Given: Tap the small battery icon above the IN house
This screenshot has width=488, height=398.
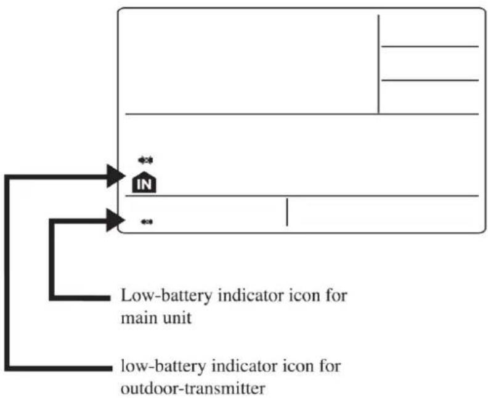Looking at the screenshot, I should (x=146, y=160).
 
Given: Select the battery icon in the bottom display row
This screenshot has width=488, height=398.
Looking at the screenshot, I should (x=147, y=222).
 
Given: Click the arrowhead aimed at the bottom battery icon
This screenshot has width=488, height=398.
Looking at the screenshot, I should (x=115, y=219).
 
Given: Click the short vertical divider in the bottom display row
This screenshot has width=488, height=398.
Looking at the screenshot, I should (x=287, y=213).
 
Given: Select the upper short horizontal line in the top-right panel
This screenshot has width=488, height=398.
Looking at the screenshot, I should (x=430, y=46).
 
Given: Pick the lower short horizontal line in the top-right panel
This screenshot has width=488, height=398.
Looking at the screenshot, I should (x=430, y=80).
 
